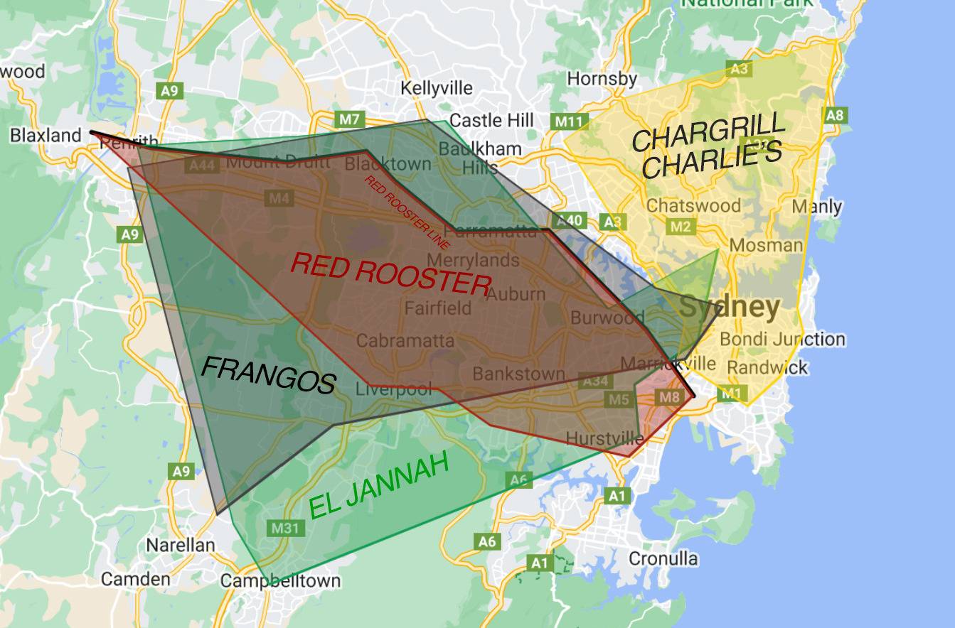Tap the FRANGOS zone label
point(268,374)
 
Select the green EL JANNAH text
point(380,486)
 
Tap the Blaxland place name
point(46,135)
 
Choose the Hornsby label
point(602,78)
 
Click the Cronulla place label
point(663,558)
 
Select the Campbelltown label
point(280,580)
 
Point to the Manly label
point(817,207)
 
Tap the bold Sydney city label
point(730,307)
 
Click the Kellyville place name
point(437,88)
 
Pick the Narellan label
point(180,545)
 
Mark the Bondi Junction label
point(783,339)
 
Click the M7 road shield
point(349,119)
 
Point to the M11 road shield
point(568,121)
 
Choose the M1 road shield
point(730,393)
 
